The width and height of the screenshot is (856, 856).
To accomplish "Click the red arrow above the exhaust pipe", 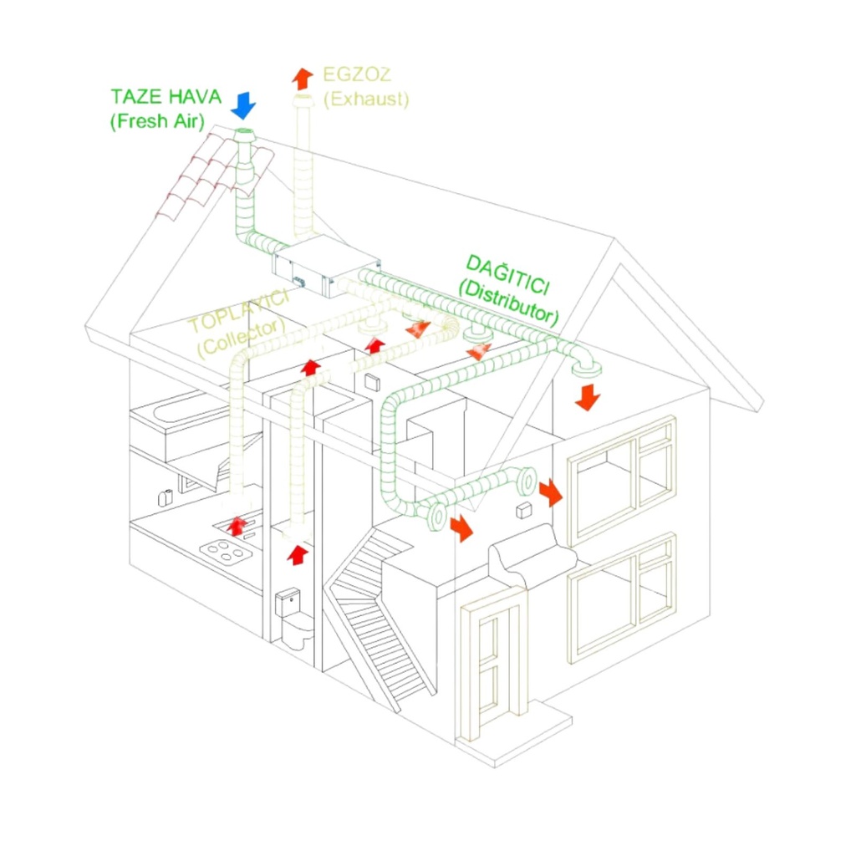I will [302, 78].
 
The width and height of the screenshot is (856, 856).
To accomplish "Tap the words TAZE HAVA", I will [166, 96].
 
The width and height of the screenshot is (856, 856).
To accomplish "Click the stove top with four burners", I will [226, 552].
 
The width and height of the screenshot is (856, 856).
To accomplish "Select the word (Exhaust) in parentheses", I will [366, 99].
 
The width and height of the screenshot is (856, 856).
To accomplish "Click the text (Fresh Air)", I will [156, 120].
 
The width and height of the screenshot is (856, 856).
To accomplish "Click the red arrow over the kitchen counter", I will [237, 525].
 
